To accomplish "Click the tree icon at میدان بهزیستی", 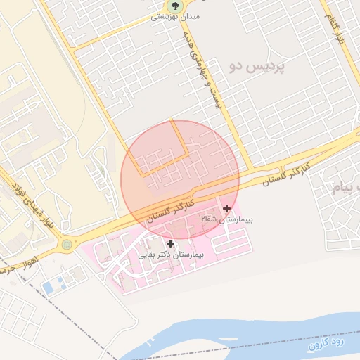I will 172,6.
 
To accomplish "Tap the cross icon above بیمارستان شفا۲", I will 226,209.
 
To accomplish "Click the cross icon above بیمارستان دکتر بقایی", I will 171,243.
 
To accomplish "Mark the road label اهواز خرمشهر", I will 15,268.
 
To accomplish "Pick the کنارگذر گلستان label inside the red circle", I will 162,213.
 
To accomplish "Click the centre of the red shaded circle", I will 180,179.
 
